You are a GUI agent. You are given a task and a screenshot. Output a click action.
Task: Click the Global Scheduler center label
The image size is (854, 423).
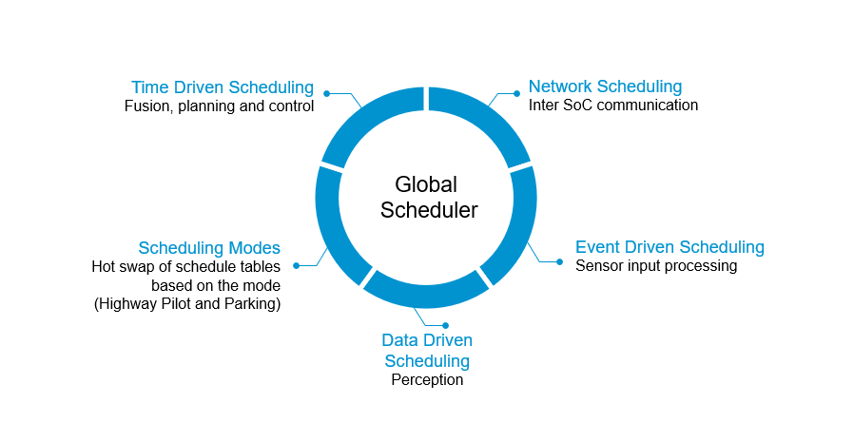[x=427, y=197]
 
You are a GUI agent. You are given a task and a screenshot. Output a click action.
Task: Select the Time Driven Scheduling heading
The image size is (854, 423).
[x=222, y=87]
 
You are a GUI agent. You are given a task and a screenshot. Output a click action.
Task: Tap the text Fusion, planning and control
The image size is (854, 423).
[x=219, y=106]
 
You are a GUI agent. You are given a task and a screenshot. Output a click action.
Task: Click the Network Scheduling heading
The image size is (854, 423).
[x=605, y=87]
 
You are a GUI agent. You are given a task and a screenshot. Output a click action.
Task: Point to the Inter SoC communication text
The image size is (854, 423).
[x=612, y=106]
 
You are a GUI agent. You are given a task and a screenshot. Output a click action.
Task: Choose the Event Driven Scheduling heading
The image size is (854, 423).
[x=670, y=247]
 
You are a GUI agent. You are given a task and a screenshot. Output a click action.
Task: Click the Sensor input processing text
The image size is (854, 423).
[x=656, y=266]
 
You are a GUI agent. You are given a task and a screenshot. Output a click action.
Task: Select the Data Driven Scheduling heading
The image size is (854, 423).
[x=427, y=351]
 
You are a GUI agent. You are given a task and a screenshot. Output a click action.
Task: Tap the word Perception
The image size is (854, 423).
[x=427, y=380]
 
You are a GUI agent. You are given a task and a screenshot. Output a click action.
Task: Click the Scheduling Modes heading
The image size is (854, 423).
[x=209, y=247]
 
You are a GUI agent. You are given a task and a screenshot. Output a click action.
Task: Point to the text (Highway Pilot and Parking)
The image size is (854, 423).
[x=187, y=304]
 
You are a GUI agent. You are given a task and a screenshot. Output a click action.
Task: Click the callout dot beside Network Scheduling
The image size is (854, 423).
[x=516, y=93]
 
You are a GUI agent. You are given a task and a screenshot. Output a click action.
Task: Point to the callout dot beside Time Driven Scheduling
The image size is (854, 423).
[x=326, y=93]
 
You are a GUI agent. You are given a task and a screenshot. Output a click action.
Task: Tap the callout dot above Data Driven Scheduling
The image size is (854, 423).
[x=445, y=325]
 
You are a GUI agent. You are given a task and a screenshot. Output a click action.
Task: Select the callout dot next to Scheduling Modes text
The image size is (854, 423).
[x=296, y=265]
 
